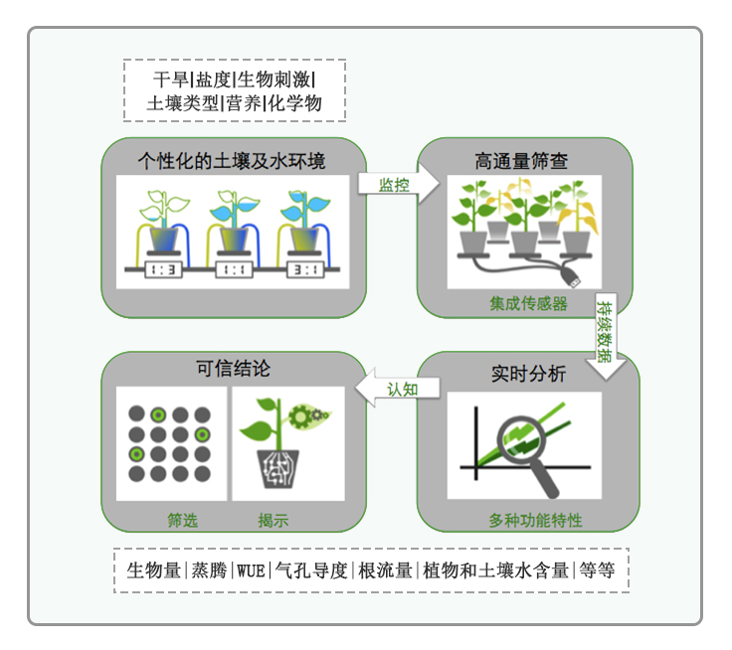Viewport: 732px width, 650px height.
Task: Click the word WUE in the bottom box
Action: pyautogui.click(x=251, y=570)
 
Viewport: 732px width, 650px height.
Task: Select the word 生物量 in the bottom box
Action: pyautogui.click(x=154, y=570)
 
